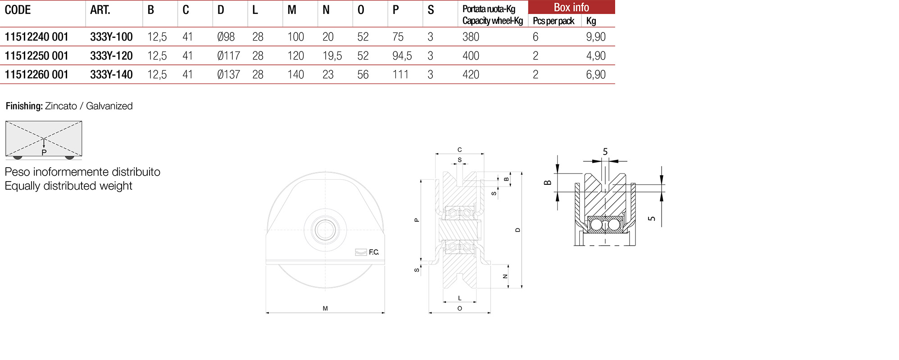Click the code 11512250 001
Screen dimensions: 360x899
click(36, 56)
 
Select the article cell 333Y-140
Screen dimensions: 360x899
click(111, 75)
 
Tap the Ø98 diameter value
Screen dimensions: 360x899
click(226, 37)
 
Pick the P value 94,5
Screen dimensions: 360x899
click(402, 56)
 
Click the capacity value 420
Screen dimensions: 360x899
click(471, 75)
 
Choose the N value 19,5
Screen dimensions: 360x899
click(332, 56)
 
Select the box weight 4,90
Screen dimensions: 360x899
click(595, 56)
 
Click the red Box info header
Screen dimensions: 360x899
click(571, 7)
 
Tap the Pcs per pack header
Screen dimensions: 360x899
click(553, 21)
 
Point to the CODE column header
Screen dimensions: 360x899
click(18, 10)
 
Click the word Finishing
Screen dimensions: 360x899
click(24, 106)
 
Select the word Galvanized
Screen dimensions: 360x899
click(109, 106)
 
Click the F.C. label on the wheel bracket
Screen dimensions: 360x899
click(374, 252)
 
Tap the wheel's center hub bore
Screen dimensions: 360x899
click(325, 230)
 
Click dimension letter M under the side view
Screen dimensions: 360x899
click(325, 309)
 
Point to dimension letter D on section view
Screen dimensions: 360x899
click(518, 230)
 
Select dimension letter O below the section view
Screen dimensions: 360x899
click(459, 309)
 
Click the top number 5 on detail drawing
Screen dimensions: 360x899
click(605, 152)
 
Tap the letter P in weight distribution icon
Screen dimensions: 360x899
click(44, 153)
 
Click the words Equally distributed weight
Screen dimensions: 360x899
click(68, 186)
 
